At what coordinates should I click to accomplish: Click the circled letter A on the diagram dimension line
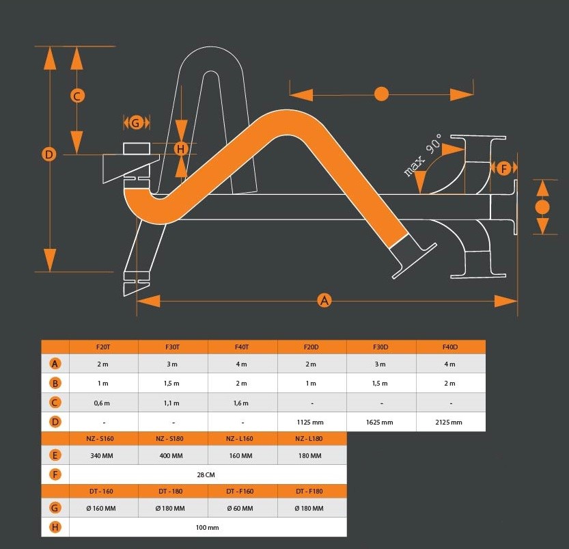[x=324, y=301]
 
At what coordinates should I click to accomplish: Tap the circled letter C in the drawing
[x=77, y=96]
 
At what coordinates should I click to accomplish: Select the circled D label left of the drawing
[x=49, y=155]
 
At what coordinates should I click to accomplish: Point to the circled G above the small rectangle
[x=136, y=123]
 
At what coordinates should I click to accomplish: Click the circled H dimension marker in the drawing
[x=181, y=148]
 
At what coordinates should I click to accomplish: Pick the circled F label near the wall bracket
[x=503, y=168]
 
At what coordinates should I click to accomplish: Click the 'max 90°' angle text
[x=424, y=155]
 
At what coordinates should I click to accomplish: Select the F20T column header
[x=103, y=347]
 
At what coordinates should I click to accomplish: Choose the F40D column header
[x=450, y=347]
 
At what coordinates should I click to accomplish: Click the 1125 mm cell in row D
[x=310, y=423]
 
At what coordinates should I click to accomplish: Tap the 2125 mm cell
[x=449, y=423]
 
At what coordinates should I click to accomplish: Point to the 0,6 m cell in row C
[x=102, y=403]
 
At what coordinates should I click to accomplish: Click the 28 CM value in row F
[x=206, y=475]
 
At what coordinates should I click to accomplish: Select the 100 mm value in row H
[x=207, y=528]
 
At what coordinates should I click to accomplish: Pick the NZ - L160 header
[x=240, y=439]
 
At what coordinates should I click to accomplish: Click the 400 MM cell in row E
[x=171, y=456]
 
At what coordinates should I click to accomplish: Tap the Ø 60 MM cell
[x=240, y=509]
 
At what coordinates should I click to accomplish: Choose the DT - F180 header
[x=309, y=492]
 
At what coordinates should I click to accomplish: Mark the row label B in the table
[x=55, y=383]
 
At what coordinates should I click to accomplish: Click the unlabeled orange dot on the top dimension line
[x=381, y=94]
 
